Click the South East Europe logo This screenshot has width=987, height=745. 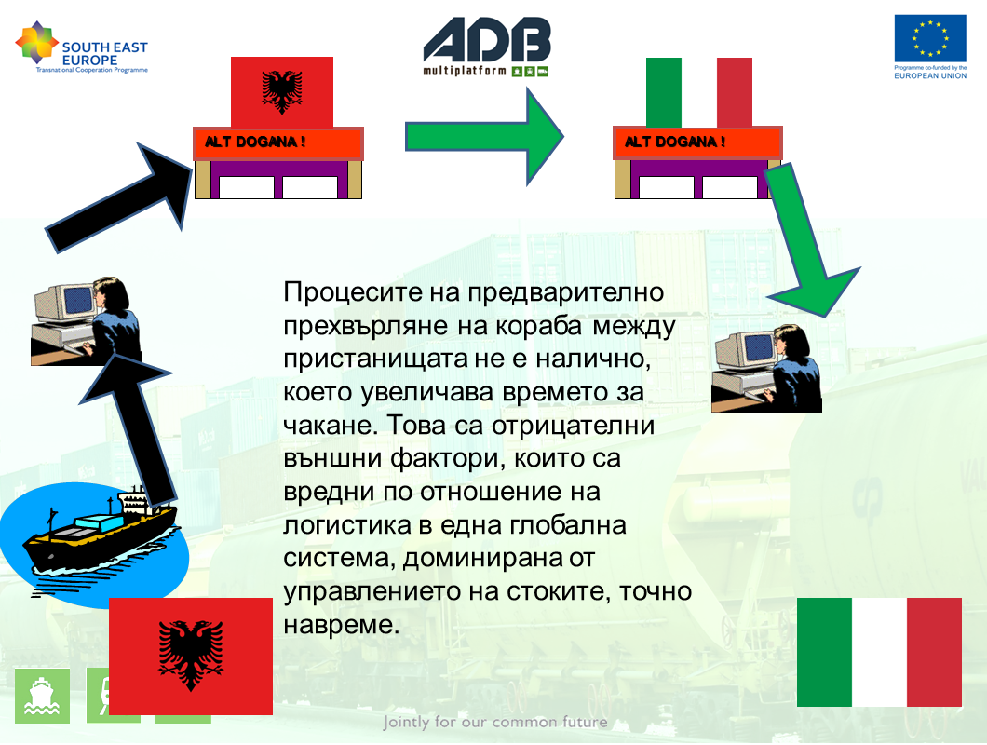pyautogui.click(x=81, y=47)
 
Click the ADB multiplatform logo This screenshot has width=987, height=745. pyautogui.click(x=487, y=47)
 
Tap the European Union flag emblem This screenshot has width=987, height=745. pyautogui.click(x=930, y=38)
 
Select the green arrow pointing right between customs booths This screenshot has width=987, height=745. pyautogui.click(x=484, y=137)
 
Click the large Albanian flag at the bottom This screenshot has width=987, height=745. pyautogui.click(x=191, y=656)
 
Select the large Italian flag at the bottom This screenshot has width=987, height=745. pyautogui.click(x=879, y=652)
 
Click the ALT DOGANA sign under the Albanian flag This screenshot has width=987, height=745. pyautogui.click(x=278, y=143)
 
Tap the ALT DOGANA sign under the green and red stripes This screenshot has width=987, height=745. pyautogui.click(x=697, y=143)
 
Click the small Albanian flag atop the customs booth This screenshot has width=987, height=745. pyautogui.click(x=282, y=92)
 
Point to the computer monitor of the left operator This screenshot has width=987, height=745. pyautogui.click(x=67, y=303)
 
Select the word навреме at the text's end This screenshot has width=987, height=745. pyautogui.click(x=341, y=626)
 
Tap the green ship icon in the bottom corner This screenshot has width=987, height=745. pyautogui.click(x=42, y=696)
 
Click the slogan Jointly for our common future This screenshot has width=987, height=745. pyautogui.click(x=495, y=722)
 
